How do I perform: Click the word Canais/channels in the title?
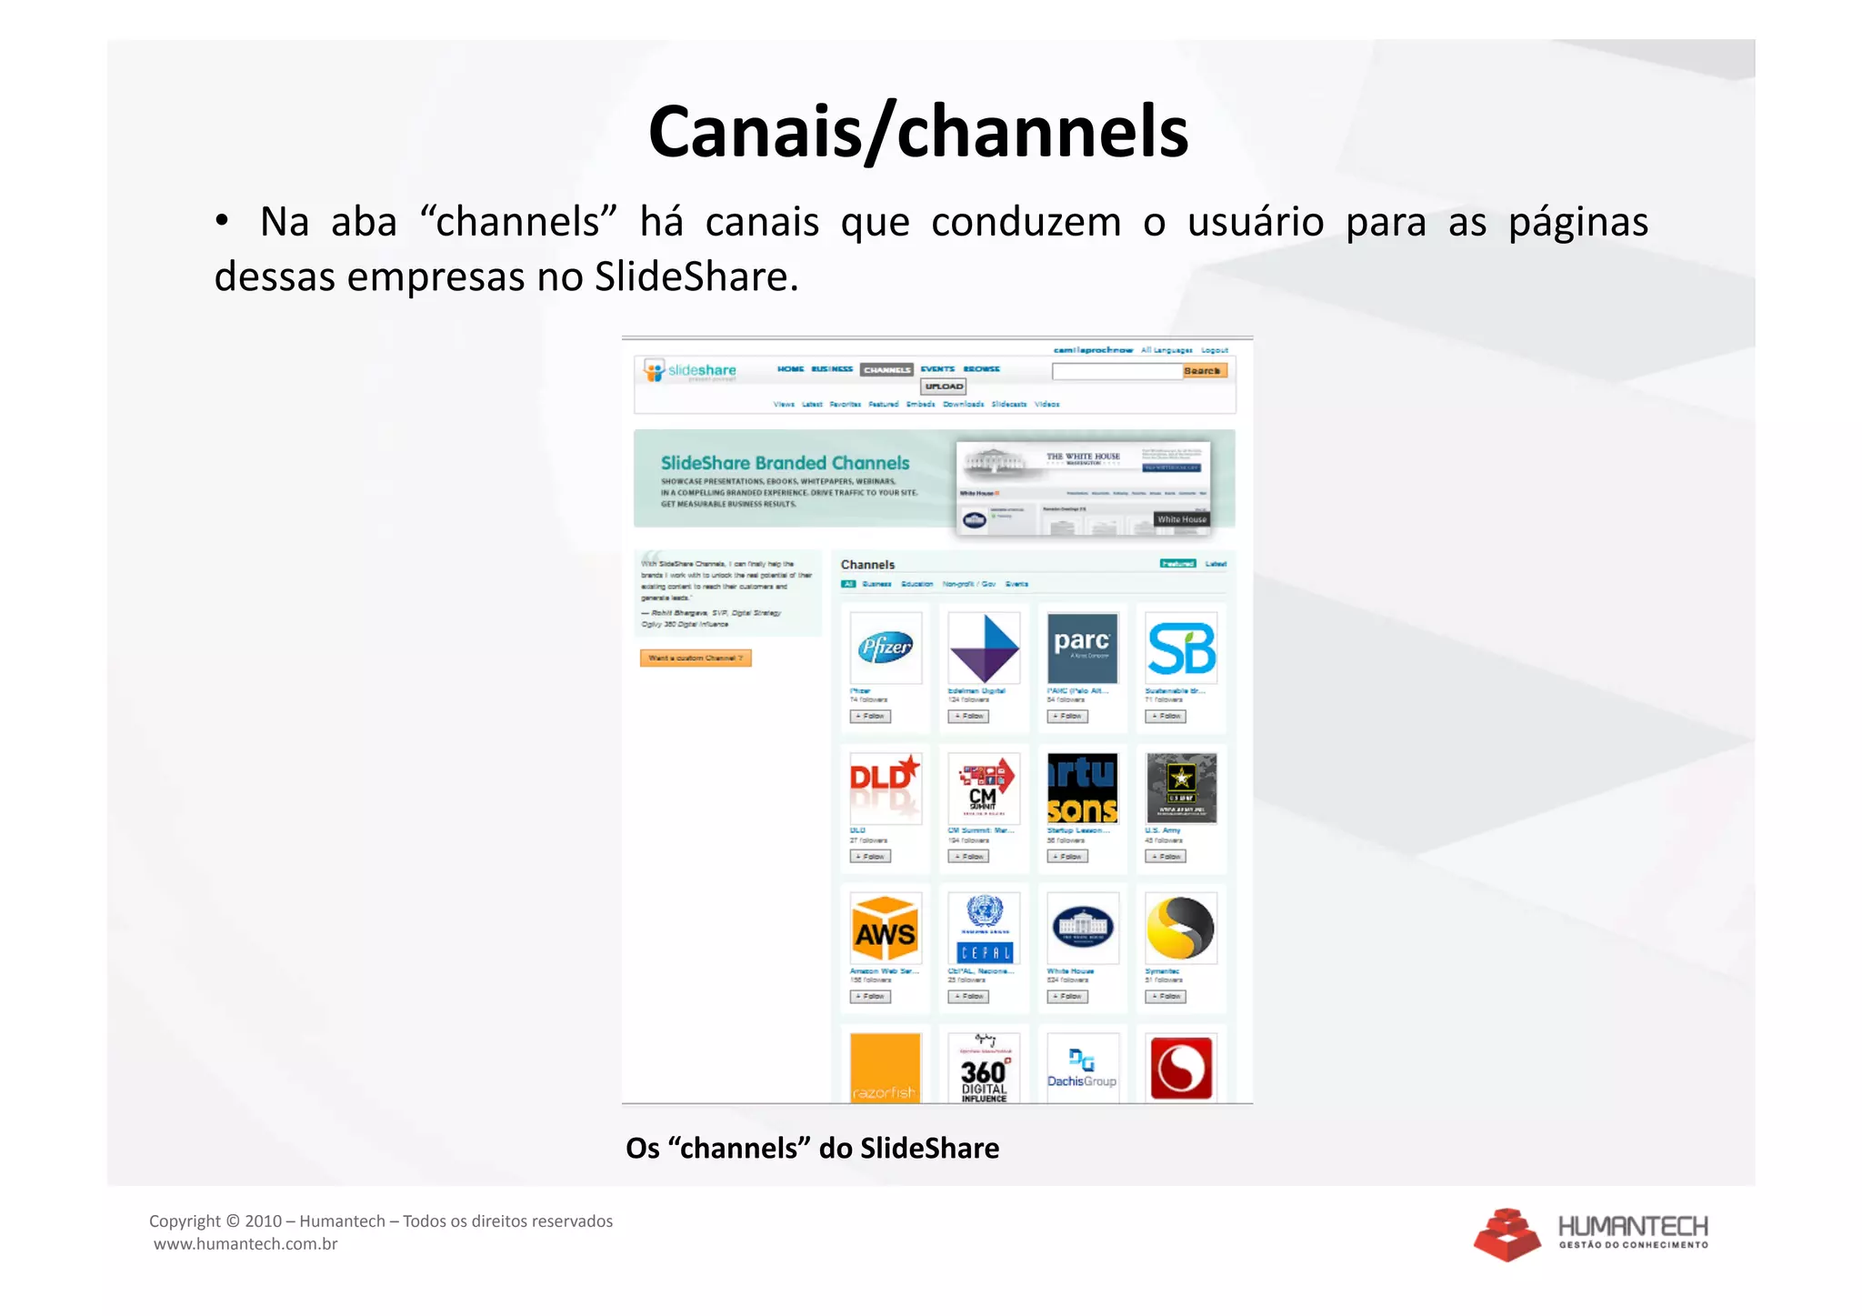[x=917, y=133]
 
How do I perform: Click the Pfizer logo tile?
[x=886, y=648]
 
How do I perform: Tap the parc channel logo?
[x=1082, y=648]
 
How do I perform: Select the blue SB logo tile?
[x=1180, y=648]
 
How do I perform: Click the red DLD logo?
[x=886, y=788]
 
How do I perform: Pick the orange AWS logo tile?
[x=886, y=928]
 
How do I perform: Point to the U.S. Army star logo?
[x=1180, y=788]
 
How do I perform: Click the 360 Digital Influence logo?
[x=984, y=1070]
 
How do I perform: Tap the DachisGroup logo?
[x=1082, y=1069]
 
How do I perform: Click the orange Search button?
[x=1204, y=371]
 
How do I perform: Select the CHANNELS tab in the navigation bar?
[x=886, y=370]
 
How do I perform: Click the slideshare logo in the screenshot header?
[x=691, y=370]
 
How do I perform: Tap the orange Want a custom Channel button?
[x=696, y=658]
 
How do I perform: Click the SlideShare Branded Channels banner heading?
[x=785, y=463]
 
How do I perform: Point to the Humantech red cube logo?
[x=1507, y=1234]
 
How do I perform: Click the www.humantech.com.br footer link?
[x=245, y=1244]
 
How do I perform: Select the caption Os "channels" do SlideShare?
[x=812, y=1148]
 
